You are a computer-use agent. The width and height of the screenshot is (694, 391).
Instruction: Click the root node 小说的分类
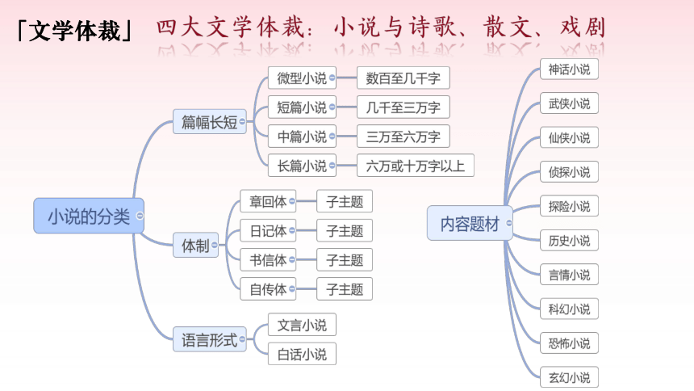89,216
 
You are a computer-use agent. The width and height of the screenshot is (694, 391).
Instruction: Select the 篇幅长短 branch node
209,121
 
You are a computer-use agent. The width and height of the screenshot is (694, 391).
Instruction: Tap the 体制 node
195,245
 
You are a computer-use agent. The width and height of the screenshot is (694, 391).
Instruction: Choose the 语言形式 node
209,339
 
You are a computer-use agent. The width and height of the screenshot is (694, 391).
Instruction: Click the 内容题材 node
470,223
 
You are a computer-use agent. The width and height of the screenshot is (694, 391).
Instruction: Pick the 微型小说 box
302,78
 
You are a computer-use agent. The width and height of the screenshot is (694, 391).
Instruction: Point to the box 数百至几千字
403,78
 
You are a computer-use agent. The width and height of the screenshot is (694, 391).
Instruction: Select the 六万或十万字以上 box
415,166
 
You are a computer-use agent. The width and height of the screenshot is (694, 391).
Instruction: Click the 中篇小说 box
302,136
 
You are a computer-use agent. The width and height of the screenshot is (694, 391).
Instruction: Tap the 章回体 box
268,201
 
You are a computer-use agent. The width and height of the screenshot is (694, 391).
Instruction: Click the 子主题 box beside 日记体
345,230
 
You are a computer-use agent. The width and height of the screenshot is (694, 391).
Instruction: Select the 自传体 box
268,289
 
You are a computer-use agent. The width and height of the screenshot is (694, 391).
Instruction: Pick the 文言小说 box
302,325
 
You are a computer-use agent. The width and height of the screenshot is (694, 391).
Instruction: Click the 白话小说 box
302,354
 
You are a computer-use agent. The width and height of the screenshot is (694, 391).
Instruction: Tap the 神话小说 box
569,69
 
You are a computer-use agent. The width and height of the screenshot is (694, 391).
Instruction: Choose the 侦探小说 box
569,171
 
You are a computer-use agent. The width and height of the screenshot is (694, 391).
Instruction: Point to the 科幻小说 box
569,309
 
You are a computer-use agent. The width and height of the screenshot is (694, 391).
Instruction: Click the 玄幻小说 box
569,377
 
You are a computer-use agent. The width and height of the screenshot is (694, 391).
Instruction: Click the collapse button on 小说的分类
140,216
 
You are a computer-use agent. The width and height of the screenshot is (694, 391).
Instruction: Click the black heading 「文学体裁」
74,31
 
